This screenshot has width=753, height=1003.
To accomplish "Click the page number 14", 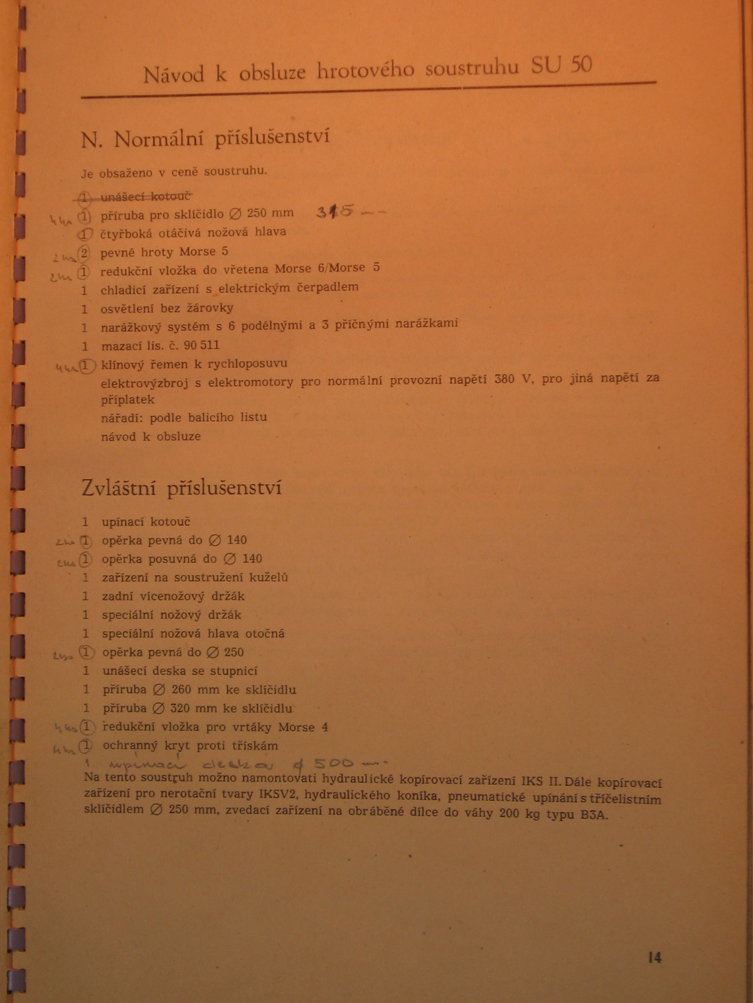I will pyautogui.click(x=654, y=957).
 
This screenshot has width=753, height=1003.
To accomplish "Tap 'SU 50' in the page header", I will pyautogui.click(x=561, y=65).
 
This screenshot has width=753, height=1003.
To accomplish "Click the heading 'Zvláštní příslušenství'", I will pyautogui.click(x=181, y=488).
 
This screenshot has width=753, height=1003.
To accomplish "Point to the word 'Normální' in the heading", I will pyautogui.click(x=159, y=139).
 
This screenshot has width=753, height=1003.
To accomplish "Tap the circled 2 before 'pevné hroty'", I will pyautogui.click(x=85, y=253).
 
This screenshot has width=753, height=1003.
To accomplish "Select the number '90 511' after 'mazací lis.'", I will pyautogui.click(x=201, y=345).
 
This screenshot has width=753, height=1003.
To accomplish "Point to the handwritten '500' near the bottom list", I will pyautogui.click(x=334, y=764).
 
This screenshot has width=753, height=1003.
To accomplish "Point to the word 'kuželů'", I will pyautogui.click(x=268, y=577).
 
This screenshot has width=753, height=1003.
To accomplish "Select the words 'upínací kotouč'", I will pyautogui.click(x=146, y=522).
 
